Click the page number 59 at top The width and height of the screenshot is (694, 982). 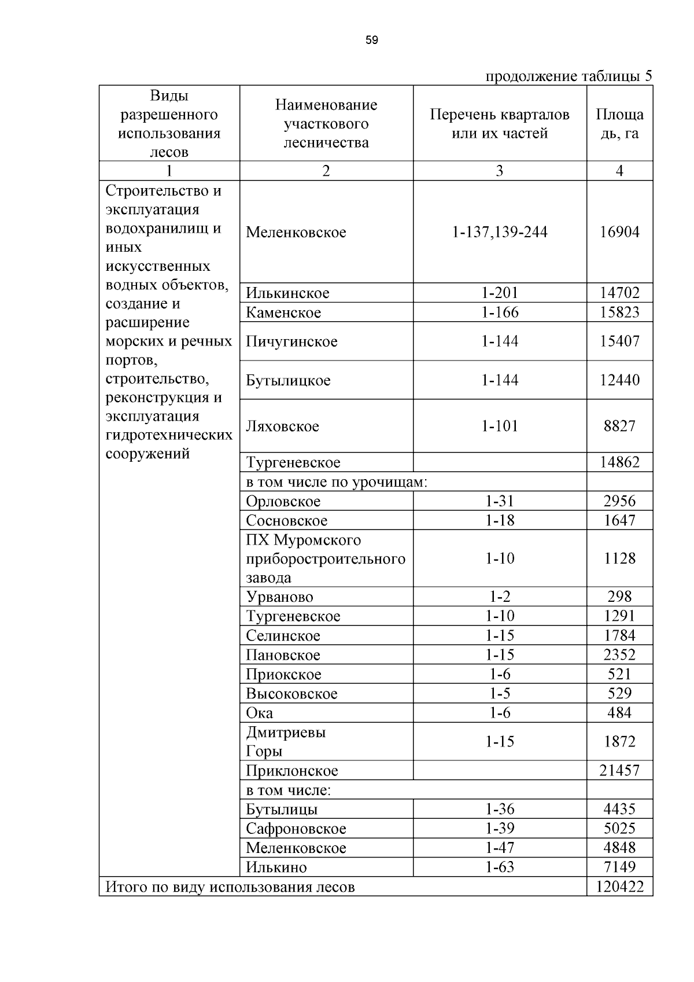372,40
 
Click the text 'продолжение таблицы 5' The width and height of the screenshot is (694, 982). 568,76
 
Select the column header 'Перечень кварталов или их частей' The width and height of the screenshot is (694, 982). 500,124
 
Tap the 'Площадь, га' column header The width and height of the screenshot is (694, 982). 619,124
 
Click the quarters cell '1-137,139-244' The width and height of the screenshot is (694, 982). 500,232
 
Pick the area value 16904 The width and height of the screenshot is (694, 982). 619,232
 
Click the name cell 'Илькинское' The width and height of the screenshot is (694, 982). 287,293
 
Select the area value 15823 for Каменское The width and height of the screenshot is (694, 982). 619,312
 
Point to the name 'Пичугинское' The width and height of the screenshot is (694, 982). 291,341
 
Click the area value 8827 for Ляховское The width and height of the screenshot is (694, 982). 619,426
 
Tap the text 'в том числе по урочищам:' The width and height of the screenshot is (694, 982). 337,482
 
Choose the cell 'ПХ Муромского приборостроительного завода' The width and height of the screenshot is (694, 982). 326,559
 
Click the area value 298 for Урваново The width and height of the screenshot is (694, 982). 619,597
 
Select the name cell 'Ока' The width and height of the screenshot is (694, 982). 259,713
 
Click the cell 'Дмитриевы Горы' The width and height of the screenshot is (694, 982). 286,742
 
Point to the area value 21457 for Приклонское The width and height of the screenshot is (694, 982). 619,771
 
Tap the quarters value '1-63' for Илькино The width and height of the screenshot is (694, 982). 500,867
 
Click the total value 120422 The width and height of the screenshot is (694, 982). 619,887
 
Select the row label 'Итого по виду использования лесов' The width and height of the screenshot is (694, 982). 230,887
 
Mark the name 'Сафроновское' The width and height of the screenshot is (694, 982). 296,829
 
